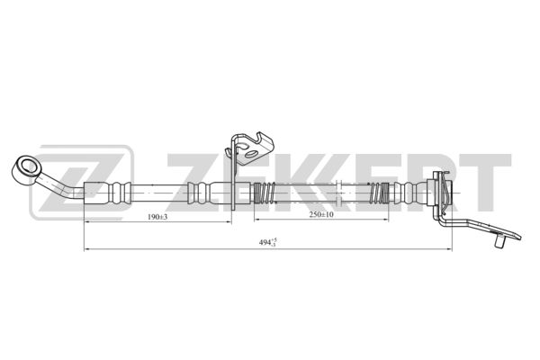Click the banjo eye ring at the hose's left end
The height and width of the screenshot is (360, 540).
click(x=26, y=169)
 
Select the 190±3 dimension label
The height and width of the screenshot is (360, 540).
click(x=157, y=217)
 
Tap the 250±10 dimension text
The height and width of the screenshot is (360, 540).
click(x=321, y=214)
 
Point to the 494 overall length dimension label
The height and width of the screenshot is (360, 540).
click(x=268, y=242)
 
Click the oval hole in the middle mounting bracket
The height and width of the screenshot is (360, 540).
click(x=251, y=154)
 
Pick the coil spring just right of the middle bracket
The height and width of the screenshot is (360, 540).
click(x=265, y=193)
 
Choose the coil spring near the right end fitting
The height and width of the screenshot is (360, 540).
click(x=379, y=193)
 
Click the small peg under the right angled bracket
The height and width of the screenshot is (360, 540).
click(x=499, y=239)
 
